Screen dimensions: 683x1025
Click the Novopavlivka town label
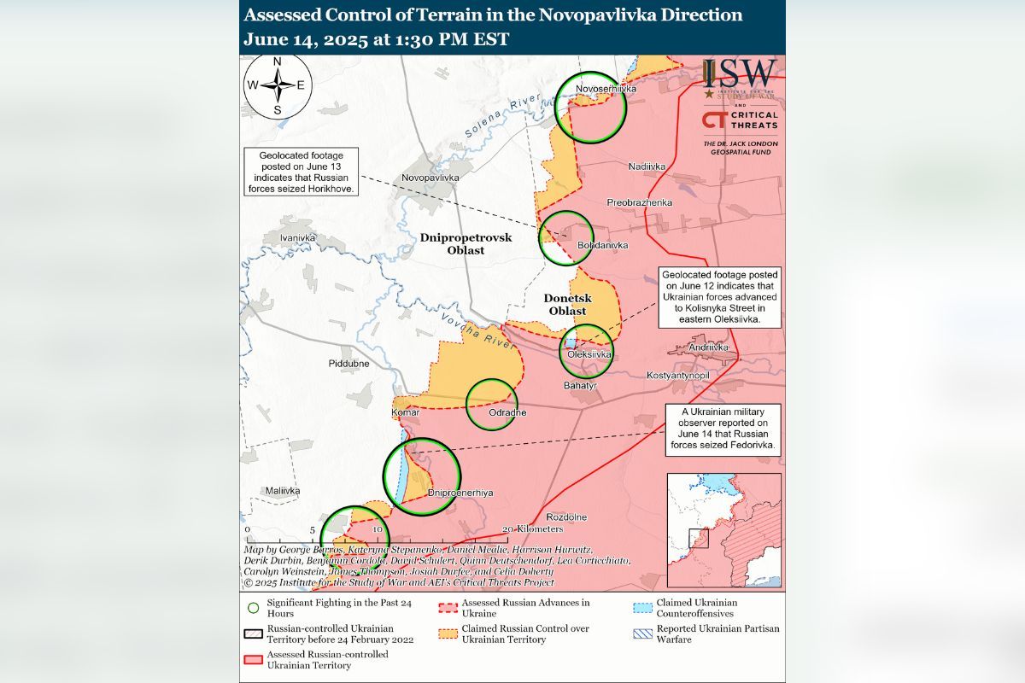(430, 178)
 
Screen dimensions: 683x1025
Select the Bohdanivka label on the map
(602, 245)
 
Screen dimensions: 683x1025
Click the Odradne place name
(507, 413)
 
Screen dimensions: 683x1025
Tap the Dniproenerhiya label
(460, 493)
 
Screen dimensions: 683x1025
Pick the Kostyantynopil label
(678, 376)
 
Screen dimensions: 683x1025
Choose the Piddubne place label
(348, 363)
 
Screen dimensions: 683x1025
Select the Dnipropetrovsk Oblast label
(466, 244)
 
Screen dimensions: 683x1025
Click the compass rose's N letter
(277, 62)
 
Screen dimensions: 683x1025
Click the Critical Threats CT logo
(714, 120)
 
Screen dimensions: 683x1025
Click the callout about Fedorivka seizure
(724, 429)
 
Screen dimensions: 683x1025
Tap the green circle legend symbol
(253, 608)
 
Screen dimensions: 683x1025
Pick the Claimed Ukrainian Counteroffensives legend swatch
(641, 608)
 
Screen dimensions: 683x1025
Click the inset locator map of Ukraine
(723, 530)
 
